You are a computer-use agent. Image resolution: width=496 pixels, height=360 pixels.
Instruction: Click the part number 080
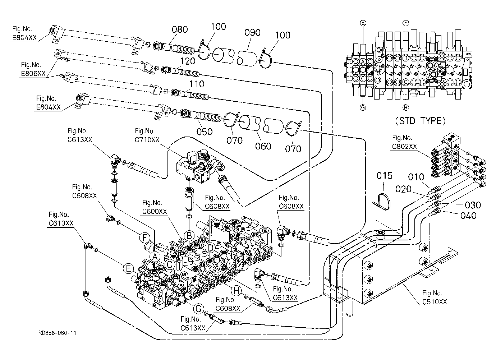click(x=180, y=29)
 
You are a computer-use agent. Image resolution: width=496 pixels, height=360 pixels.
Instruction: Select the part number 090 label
click(x=252, y=33)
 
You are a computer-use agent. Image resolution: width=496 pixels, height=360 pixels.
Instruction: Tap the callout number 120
click(x=188, y=61)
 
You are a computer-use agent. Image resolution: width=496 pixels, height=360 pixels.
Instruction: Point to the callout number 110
click(x=197, y=84)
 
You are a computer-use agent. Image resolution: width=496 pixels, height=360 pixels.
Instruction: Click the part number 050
click(x=205, y=132)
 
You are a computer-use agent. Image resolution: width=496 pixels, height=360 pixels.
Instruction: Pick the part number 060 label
click(x=263, y=146)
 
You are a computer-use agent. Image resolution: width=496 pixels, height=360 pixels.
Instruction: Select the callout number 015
click(x=385, y=176)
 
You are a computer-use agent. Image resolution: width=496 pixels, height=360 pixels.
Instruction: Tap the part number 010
click(x=416, y=177)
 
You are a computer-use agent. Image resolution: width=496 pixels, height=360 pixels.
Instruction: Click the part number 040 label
click(x=468, y=216)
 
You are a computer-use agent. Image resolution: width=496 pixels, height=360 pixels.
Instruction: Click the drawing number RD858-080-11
click(x=57, y=333)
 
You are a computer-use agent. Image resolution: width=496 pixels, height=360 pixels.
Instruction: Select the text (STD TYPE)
click(x=420, y=121)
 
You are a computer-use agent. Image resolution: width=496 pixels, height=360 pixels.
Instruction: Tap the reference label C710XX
click(x=147, y=140)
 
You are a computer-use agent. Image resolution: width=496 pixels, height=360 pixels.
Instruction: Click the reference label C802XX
click(x=404, y=147)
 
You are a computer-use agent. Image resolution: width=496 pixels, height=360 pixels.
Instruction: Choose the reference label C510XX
click(x=435, y=302)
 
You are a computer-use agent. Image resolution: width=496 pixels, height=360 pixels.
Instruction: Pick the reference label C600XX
click(x=154, y=212)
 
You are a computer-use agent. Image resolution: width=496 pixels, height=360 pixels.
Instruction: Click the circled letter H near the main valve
click(x=236, y=291)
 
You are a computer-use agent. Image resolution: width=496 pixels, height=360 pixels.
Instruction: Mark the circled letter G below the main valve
click(x=198, y=309)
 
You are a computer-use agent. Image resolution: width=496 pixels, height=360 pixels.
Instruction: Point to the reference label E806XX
click(x=33, y=74)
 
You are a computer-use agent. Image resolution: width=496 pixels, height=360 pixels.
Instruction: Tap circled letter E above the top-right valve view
click(x=363, y=23)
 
